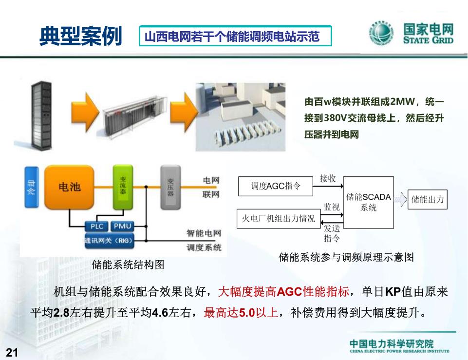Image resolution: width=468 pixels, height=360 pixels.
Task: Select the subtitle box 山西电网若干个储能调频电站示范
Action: click(235, 36)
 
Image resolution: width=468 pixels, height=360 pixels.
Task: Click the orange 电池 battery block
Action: click(69, 187)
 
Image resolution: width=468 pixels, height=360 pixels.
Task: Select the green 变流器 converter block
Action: click(123, 186)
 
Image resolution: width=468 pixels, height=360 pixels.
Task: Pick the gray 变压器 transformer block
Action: click(170, 187)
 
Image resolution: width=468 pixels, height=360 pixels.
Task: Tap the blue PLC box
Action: click(97, 226)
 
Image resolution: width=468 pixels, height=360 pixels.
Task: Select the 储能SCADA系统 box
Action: click(369, 202)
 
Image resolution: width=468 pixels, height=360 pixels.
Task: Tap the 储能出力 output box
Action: click(428, 200)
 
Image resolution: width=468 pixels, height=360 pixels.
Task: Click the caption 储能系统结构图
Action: click(128, 265)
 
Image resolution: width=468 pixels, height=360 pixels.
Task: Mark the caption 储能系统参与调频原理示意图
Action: click(346, 257)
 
